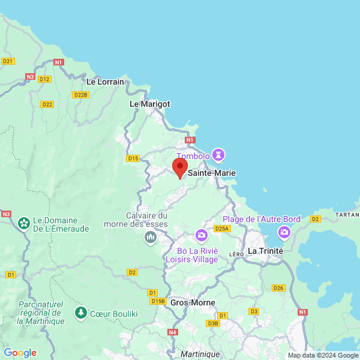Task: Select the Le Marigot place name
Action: (150, 104)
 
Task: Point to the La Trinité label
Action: (265, 250)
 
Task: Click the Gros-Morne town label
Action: (189, 303)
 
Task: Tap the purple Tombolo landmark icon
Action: (218, 155)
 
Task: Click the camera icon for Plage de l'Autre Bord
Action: (284, 232)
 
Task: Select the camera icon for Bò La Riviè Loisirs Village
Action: (201, 235)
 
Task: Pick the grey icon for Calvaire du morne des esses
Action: (150, 238)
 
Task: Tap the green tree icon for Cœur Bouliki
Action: (80, 313)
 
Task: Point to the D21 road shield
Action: (8, 61)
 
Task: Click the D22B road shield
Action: (80, 95)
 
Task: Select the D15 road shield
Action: (133, 158)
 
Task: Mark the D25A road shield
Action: (222, 229)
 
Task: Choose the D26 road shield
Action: (278, 288)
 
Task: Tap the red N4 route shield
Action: (173, 332)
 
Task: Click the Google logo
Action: (20, 353)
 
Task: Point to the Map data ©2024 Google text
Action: (322, 355)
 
